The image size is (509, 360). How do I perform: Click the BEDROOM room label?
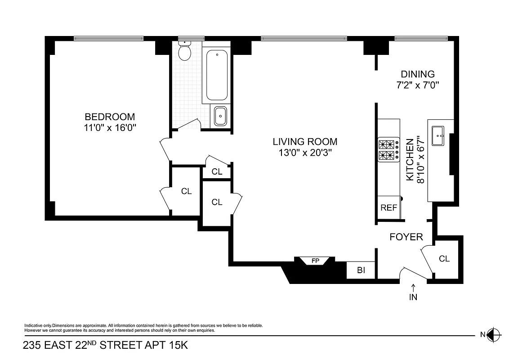pos(110,117)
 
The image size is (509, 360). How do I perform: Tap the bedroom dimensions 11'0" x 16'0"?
pos(110,128)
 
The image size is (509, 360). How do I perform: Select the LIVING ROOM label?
pos(305,142)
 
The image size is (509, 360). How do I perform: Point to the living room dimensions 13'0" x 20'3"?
pos(305,153)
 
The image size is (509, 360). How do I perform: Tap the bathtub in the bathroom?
pos(217,75)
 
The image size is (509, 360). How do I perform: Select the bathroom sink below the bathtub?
pos(220,116)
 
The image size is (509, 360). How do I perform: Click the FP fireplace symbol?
pos(315,261)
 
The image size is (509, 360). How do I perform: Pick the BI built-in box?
pos(361,270)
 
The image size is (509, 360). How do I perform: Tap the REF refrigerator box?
pos(389,207)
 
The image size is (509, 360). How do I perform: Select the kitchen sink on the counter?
pos(438,136)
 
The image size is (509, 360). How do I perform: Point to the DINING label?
pos(418,74)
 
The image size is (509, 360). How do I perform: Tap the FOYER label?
pos(406,237)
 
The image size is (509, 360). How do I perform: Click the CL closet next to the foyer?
pos(444,259)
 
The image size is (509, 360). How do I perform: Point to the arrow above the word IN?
pos(413,287)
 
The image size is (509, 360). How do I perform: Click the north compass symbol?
pos(493,334)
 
